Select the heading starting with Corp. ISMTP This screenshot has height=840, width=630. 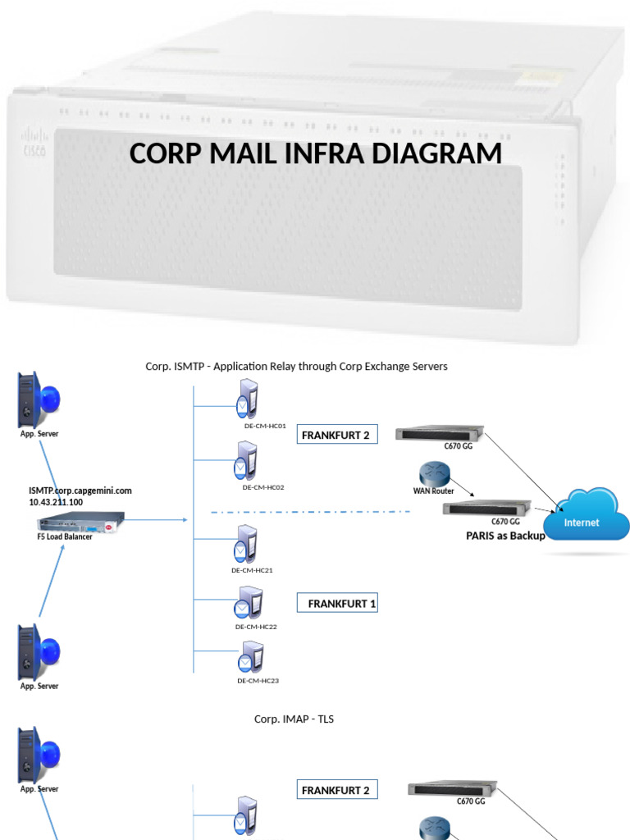(296, 366)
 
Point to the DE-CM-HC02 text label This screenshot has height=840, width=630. (263, 487)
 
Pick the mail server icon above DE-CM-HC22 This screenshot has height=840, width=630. (247, 604)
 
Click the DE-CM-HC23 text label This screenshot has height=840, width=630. (258, 680)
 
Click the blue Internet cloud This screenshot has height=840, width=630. (583, 516)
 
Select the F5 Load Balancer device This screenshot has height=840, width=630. (80, 520)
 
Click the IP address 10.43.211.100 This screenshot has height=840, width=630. (56, 501)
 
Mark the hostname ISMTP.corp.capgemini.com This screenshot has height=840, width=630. (80, 491)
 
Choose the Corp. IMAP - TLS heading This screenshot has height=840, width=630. (294, 719)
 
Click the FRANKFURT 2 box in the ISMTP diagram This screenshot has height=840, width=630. (336, 435)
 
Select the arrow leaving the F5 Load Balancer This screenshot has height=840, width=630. (156, 519)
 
